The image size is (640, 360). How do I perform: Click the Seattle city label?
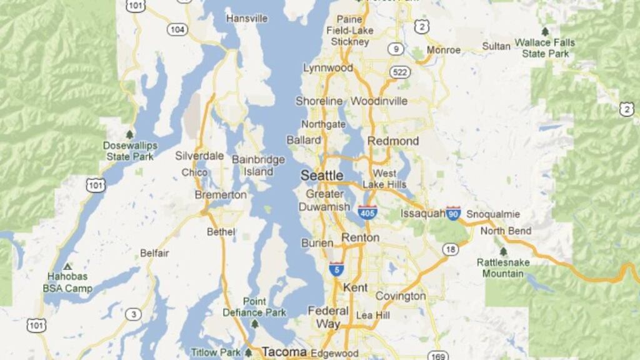tap(322, 176)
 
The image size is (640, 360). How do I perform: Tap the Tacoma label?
tap(284, 352)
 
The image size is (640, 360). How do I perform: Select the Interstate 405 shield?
tap(367, 212)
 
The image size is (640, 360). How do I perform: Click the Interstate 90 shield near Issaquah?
tap(454, 213)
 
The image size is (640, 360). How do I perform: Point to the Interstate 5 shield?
tap(337, 269)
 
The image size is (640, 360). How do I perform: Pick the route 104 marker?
tap(177, 29)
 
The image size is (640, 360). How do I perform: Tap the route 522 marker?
tap(401, 72)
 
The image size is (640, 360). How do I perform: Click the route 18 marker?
tap(450, 249)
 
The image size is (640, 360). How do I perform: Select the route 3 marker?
tap(132, 314)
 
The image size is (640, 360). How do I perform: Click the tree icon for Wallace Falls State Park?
tap(545, 31)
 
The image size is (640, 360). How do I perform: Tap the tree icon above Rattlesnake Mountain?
tap(503, 251)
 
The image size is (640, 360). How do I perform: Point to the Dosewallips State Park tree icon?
tap(130, 134)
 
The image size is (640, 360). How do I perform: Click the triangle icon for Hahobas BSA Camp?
tap(67, 266)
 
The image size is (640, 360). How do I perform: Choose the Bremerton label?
tap(221, 195)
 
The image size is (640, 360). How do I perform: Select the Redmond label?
tap(393, 141)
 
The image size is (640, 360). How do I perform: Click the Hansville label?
tap(247, 19)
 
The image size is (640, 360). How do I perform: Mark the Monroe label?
tap(443, 50)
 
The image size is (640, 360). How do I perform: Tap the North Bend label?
tap(506, 231)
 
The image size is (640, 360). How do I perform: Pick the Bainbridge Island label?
tap(258, 166)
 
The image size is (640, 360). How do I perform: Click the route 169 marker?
tap(437, 356)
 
